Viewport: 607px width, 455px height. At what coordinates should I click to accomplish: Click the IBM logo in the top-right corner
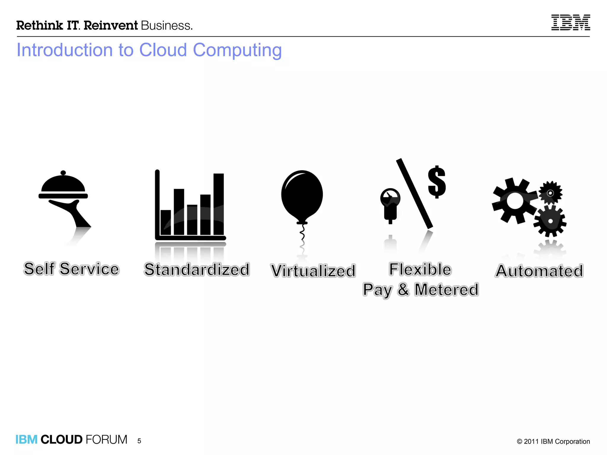point(571,23)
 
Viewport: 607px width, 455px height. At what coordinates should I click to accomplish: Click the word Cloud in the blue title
point(163,50)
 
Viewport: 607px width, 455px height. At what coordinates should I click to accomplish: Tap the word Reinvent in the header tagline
point(111,25)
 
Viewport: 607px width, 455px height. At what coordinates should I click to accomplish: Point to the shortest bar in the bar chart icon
point(165,222)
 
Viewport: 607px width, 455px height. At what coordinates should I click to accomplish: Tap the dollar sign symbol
point(437,182)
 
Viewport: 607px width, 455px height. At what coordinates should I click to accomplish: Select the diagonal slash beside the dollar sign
point(414,194)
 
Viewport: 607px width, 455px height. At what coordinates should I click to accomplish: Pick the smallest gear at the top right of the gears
point(550,193)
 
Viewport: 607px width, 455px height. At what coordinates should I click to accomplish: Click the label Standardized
point(197,270)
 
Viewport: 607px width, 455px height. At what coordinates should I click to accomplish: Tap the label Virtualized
point(313,271)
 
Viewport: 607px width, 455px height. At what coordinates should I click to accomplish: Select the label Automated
point(539,271)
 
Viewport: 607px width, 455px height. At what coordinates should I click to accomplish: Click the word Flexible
point(420,269)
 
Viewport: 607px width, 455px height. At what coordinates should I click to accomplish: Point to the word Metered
point(446,290)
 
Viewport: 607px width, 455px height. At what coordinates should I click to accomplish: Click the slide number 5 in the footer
point(139,441)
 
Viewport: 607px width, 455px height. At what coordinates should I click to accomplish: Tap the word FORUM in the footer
point(106,440)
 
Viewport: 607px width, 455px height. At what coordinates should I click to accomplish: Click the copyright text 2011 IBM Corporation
point(556,441)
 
